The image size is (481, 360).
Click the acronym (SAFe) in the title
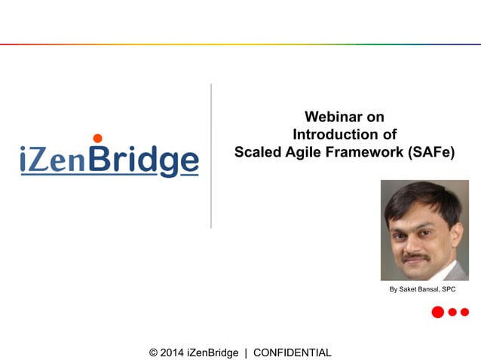[432, 151]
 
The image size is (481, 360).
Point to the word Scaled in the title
[256, 151]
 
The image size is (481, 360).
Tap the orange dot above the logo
[97, 138]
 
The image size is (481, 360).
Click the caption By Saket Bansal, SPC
[422, 289]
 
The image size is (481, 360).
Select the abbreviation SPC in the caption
[448, 289]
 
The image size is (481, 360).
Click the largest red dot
[437, 312]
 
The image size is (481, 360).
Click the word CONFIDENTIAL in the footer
[292, 352]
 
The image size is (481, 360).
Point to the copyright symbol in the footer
[154, 352]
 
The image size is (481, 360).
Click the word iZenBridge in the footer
[215, 352]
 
